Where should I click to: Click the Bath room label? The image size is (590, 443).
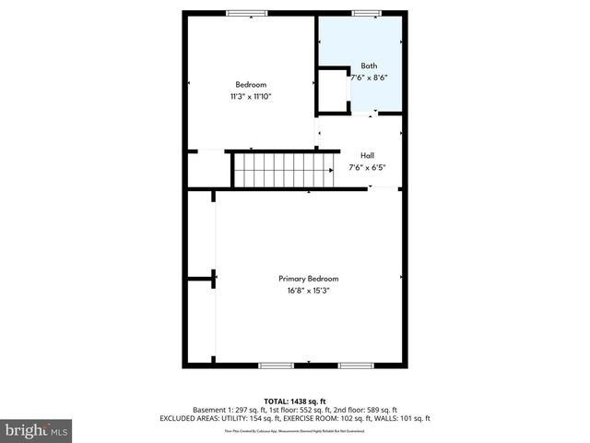pyautogui.click(x=369, y=66)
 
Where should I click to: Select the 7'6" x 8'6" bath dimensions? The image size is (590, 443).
pyautogui.click(x=369, y=78)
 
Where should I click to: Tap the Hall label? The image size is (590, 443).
pyautogui.click(x=367, y=155)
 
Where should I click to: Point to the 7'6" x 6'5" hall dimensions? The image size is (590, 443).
pyautogui.click(x=367, y=168)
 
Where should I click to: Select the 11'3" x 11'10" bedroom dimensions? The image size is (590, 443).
pyautogui.click(x=251, y=96)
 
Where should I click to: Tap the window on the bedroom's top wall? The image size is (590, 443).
pyautogui.click(x=247, y=13)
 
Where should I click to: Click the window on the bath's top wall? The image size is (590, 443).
pyautogui.click(x=367, y=13)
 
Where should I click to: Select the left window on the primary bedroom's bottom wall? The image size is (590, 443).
pyautogui.click(x=276, y=365)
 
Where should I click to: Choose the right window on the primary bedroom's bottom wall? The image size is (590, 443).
pyautogui.click(x=355, y=365)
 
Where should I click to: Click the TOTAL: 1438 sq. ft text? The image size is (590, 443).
pyautogui.click(x=295, y=401)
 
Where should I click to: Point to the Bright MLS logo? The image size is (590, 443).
pyautogui.click(x=37, y=430)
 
